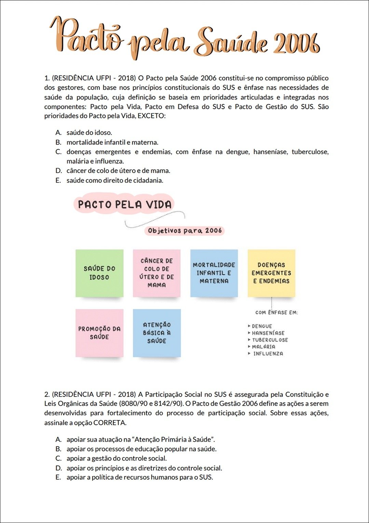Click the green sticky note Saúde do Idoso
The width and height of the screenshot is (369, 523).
point(99,273)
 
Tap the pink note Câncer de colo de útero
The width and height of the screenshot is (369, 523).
point(157,273)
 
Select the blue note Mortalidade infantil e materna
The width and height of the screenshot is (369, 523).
point(214,273)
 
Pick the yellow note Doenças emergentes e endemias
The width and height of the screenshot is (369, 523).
point(271,273)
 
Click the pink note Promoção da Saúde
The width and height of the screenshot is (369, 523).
point(99,333)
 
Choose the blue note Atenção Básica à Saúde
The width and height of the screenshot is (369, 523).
point(157,333)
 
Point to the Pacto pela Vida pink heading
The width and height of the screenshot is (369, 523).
point(124,204)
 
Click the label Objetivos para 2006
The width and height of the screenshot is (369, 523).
point(185,231)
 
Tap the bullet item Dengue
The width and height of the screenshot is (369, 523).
point(262,326)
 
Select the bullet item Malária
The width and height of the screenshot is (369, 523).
point(263,347)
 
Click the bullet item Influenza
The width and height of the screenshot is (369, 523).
point(268,353)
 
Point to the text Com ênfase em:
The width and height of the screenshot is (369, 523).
point(276,312)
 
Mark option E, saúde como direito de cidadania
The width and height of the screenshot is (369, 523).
point(114,180)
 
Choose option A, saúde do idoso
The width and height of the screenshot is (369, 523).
point(89,133)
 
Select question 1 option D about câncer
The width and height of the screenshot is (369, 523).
point(118,171)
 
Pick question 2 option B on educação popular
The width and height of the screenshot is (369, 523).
point(141,449)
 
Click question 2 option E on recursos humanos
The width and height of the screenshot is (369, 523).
point(139,477)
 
